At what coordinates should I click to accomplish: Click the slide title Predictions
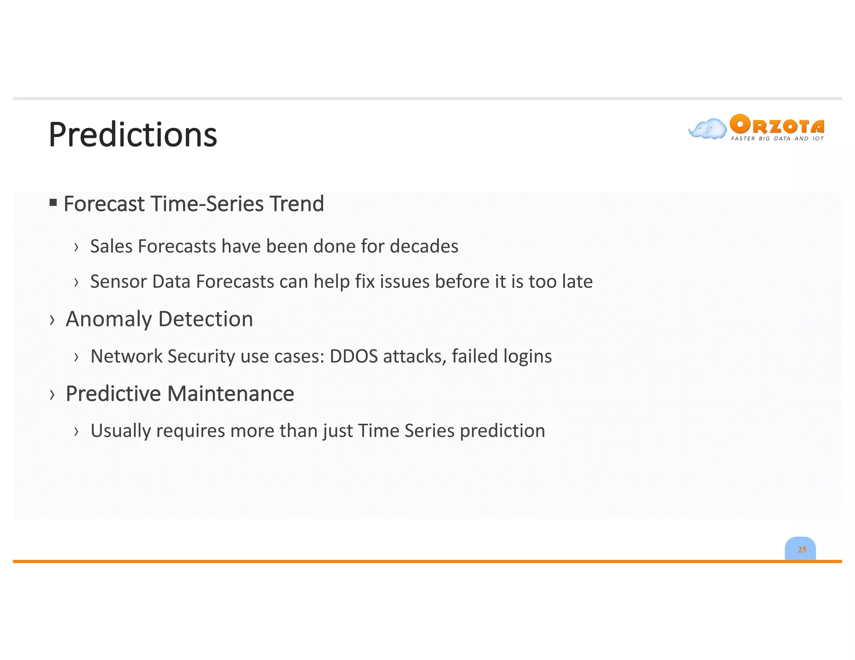[133, 135]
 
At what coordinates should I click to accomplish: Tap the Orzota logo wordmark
[777, 124]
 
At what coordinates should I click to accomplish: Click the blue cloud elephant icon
[707, 128]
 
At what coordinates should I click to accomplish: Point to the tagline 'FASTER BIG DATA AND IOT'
[777, 139]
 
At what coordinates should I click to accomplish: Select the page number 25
[802, 549]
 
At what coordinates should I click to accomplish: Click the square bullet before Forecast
[53, 203]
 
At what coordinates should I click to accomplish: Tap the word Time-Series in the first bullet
[207, 204]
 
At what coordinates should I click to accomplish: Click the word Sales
[111, 246]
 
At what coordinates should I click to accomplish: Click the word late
[577, 282]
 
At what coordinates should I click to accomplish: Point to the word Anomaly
[109, 320]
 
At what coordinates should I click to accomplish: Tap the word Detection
[206, 319]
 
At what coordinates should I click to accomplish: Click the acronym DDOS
[354, 356]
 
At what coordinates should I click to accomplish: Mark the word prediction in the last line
[502, 431]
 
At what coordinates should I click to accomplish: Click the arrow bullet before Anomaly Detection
[52, 320]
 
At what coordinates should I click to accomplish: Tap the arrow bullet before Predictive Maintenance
[52, 394]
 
